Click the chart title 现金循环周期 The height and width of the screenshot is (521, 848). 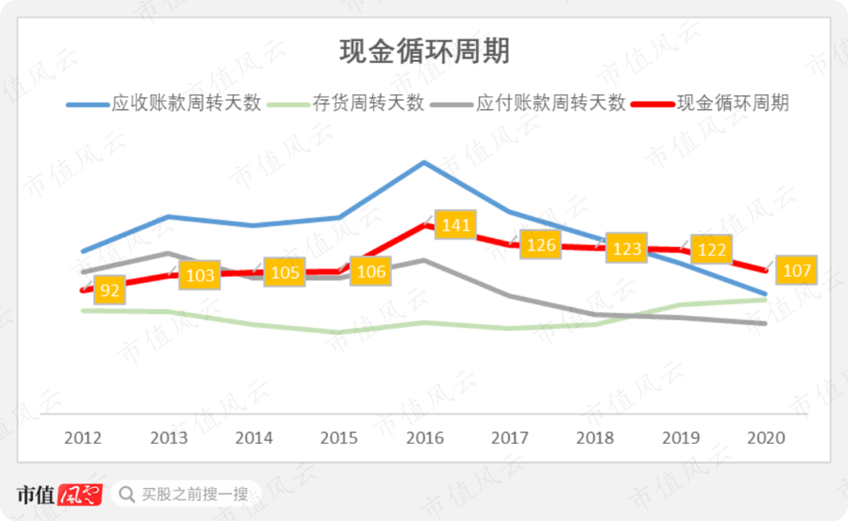click(424, 52)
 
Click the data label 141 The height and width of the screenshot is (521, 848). click(455, 226)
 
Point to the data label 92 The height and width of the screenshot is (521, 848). click(111, 291)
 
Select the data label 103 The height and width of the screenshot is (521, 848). click(200, 275)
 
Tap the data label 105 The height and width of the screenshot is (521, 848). click(285, 273)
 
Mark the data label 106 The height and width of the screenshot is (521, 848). click(371, 272)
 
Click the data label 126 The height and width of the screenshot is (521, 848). click(541, 244)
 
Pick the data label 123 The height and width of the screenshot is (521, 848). click(627, 248)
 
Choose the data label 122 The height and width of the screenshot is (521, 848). click(711, 250)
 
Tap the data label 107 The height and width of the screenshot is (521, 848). click(796, 270)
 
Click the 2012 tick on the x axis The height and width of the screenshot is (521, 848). click(83, 438)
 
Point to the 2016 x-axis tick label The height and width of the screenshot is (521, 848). click(425, 438)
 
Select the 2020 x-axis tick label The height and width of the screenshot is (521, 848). click(766, 438)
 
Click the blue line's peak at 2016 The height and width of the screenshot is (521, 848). click(425, 163)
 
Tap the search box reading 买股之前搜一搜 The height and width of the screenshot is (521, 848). click(185, 494)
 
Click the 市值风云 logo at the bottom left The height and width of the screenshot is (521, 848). click(60, 494)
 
